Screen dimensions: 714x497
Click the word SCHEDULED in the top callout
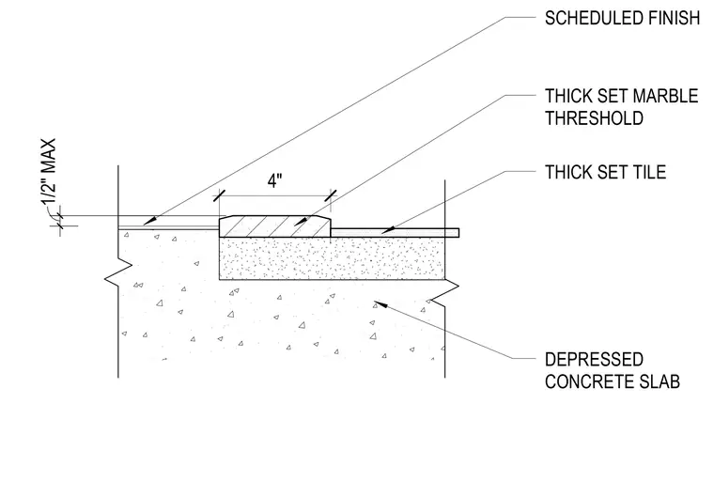(588, 18)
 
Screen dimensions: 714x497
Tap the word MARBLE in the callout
(665, 96)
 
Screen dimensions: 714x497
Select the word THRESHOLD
(595, 118)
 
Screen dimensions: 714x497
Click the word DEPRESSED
(595, 360)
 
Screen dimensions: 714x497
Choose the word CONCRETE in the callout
(590, 381)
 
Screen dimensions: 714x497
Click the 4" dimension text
(274, 181)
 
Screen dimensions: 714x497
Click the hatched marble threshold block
(275, 226)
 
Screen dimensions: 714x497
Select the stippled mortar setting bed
(332, 258)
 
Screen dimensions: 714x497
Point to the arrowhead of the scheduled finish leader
(149, 222)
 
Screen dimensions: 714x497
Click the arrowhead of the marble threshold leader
(302, 221)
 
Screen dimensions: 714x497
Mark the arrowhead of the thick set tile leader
(388, 230)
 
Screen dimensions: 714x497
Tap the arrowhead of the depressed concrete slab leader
(380, 303)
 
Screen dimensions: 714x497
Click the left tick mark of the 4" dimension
(220, 195)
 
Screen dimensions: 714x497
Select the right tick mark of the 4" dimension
(331, 195)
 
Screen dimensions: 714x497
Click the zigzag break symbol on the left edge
(118, 272)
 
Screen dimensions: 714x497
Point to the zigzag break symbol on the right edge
(445, 292)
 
